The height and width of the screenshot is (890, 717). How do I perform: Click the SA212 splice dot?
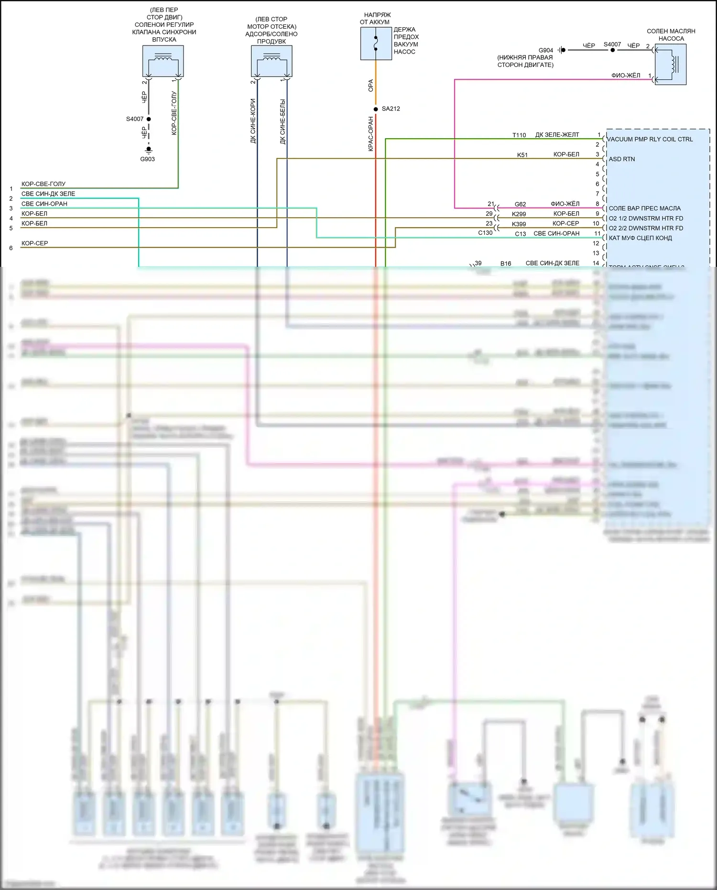(x=376, y=109)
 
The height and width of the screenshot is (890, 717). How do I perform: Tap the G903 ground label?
(x=147, y=159)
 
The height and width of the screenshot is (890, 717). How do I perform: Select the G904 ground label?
(x=545, y=50)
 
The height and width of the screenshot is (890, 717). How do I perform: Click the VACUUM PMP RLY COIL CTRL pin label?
(x=650, y=139)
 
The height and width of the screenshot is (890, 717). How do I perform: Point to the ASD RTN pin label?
(x=621, y=159)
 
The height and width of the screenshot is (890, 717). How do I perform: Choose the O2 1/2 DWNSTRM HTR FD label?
(x=646, y=219)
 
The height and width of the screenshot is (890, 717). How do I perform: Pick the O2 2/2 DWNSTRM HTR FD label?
(x=646, y=228)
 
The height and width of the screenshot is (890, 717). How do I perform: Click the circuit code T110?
(x=519, y=135)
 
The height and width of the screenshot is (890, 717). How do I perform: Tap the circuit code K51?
(x=522, y=155)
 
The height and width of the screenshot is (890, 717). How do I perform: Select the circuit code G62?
(x=520, y=204)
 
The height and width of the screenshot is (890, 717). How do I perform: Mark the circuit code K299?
(x=519, y=214)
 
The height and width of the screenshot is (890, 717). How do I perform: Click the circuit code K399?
(x=519, y=224)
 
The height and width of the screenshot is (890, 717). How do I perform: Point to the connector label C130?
(x=485, y=233)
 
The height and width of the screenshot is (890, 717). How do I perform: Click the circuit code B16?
(x=506, y=264)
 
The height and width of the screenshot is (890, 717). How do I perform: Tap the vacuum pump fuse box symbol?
(x=376, y=44)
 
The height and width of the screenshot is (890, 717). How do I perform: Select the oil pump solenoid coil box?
(x=670, y=65)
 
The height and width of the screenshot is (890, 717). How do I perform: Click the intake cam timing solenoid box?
(x=163, y=61)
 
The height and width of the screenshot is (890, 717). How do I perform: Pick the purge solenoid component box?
(x=272, y=61)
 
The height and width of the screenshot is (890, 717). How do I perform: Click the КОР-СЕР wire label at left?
(x=35, y=243)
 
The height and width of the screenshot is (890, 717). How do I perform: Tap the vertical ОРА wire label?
(x=370, y=86)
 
